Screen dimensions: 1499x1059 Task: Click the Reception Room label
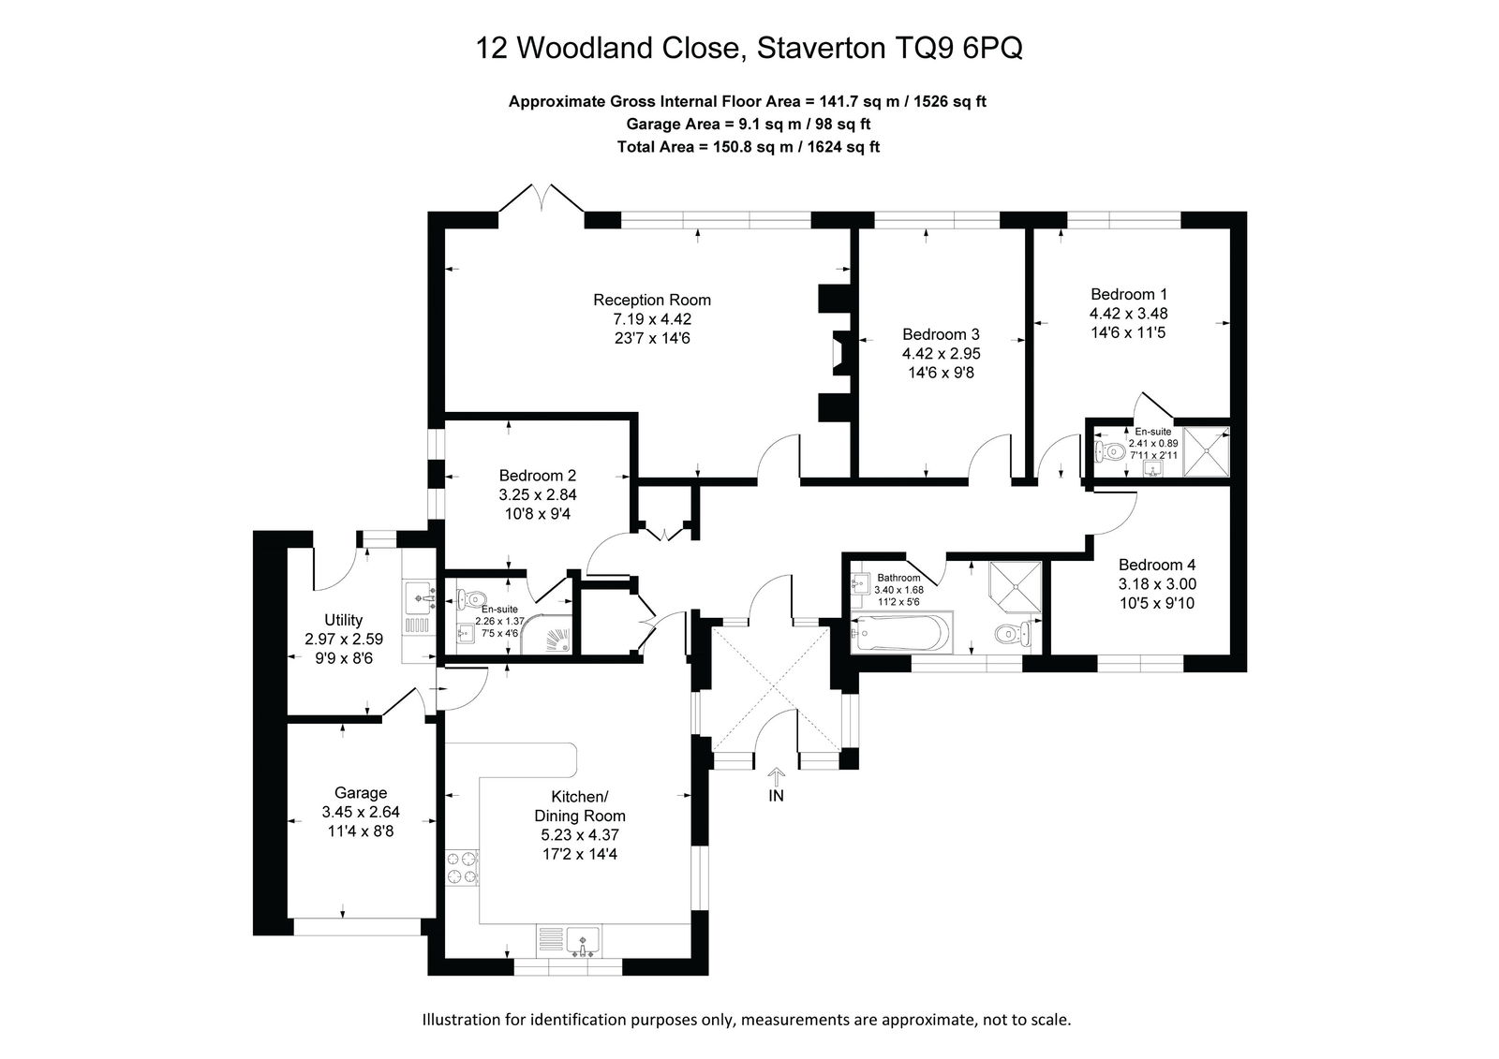coord(652,300)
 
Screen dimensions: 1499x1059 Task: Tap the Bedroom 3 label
coord(941,334)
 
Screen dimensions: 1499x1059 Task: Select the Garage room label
coord(361,793)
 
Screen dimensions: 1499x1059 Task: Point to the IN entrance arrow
coord(777,776)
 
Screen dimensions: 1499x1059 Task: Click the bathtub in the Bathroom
coord(898,632)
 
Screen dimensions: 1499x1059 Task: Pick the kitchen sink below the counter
coord(583,942)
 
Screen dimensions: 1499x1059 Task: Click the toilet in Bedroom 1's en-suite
coord(1108,451)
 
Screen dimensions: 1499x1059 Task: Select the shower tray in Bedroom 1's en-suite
coord(1207,451)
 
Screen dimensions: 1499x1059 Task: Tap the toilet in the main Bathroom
coord(1013,633)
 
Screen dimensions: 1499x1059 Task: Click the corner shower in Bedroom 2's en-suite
coord(547,634)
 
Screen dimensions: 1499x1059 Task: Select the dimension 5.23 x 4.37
coord(580,835)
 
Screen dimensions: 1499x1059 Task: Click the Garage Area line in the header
coord(749,124)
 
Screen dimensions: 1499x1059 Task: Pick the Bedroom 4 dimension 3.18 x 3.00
coord(1157,584)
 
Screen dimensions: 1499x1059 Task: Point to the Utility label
coord(343,620)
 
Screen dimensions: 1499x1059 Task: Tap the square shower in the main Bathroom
coord(1016,587)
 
